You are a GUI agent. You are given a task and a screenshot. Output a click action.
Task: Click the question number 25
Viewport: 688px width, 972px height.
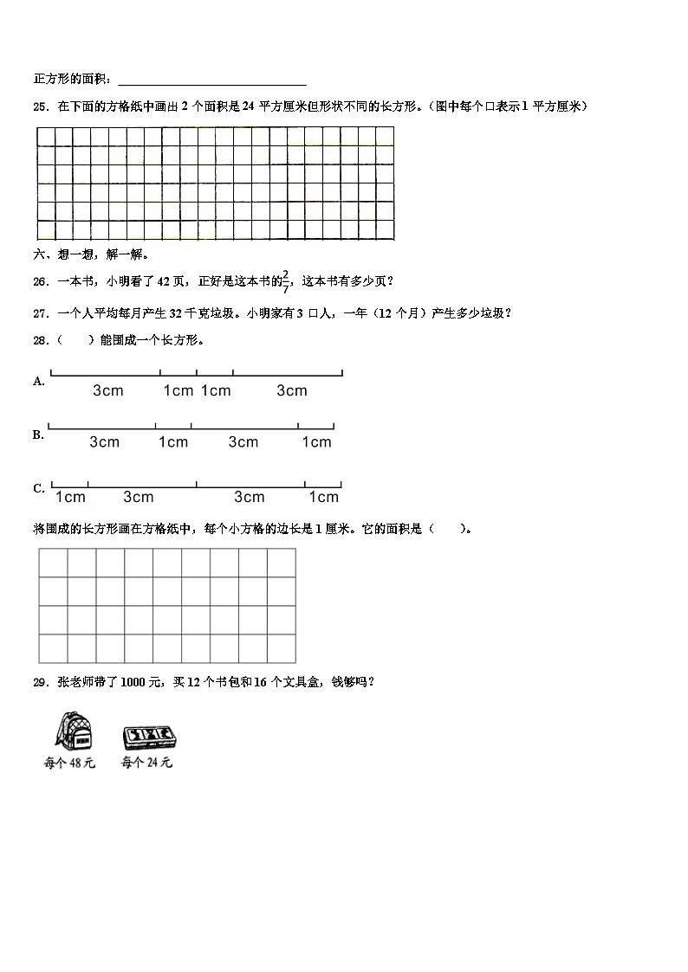(39, 106)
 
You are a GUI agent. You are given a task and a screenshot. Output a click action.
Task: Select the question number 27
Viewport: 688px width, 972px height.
(39, 313)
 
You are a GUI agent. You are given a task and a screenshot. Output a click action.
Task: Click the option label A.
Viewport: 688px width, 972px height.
(38, 381)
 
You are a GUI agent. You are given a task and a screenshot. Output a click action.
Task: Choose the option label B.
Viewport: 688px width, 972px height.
(38, 435)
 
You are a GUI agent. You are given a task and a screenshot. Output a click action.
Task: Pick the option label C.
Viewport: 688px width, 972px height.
(38, 488)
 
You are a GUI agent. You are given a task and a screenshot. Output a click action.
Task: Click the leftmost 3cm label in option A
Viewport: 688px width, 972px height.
(108, 390)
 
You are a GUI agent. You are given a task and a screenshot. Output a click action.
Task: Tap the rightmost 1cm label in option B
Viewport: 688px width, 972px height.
(316, 442)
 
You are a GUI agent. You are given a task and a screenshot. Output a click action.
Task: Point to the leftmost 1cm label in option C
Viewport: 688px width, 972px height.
(70, 497)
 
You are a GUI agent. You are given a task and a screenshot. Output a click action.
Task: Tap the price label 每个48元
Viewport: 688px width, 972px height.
(69, 763)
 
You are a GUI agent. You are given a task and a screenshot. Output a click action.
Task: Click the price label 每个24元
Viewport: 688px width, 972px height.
(146, 763)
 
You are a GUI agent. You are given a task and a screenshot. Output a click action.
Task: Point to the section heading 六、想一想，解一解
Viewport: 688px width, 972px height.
(91, 254)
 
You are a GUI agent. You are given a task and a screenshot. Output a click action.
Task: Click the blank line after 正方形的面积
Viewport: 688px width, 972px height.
(211, 80)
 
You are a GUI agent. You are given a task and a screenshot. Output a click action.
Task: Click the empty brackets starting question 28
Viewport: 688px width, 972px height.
(76, 340)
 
